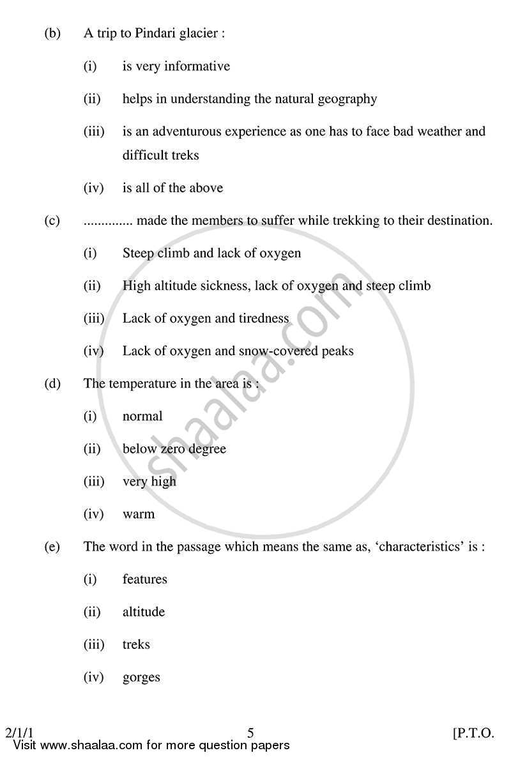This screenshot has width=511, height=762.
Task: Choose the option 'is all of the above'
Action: tap(172, 188)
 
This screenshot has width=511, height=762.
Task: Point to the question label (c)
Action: tap(51, 221)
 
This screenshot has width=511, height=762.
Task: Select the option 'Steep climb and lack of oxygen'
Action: tap(211, 253)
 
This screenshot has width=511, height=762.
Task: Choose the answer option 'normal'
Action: tap(142, 416)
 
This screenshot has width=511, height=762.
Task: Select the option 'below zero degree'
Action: tap(174, 449)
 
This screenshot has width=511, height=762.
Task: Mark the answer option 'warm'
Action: tap(139, 514)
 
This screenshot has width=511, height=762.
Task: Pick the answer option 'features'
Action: tap(144, 579)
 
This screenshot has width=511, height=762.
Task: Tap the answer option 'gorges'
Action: tap(141, 677)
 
